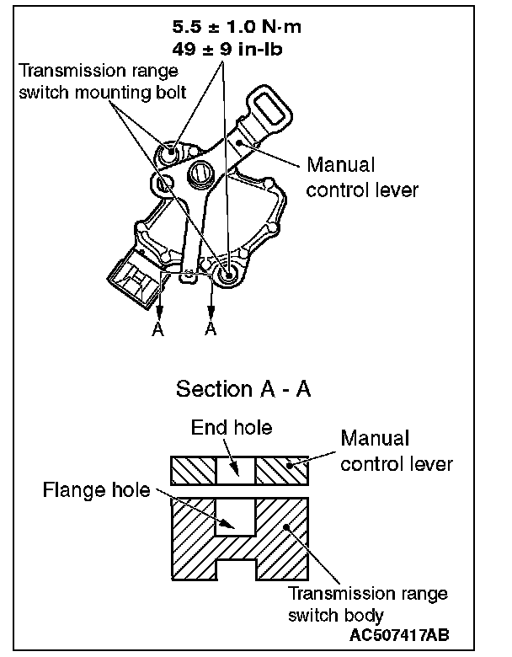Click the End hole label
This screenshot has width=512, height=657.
pyautogui.click(x=232, y=428)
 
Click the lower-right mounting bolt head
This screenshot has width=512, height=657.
pyautogui.click(x=227, y=272)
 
